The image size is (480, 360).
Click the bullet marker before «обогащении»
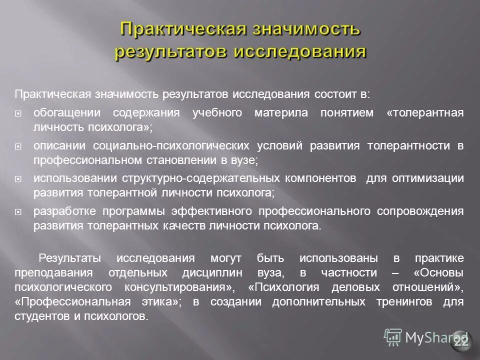tap(18, 113)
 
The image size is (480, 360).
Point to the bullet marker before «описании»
tap(18, 146)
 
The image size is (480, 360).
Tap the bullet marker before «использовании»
tap(18, 179)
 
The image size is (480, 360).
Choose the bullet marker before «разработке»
tap(18, 212)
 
